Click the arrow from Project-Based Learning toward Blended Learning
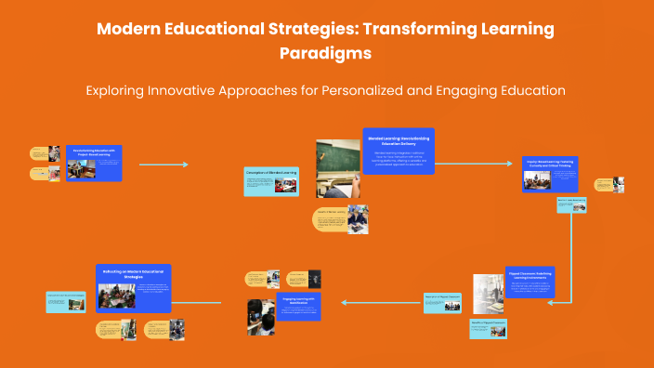click(163, 164)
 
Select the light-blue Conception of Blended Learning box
click(271, 181)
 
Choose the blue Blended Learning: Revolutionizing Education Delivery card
click(397, 151)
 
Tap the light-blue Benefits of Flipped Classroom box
click(488, 328)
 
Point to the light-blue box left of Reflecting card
click(66, 301)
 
